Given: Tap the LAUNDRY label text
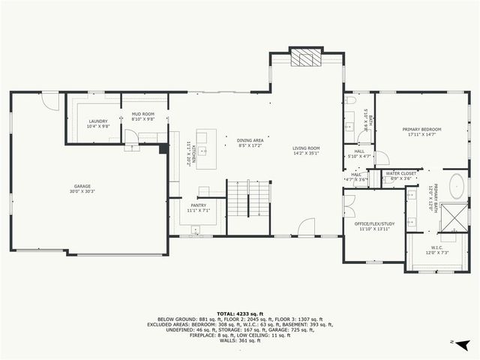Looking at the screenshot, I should (98, 121).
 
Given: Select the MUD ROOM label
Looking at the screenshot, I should (142, 114).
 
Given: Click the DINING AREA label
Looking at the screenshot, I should (250, 140).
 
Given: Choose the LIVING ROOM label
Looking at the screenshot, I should (306, 148).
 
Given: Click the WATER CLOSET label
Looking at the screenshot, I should (401, 173).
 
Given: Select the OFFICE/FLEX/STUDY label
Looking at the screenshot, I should (374, 223).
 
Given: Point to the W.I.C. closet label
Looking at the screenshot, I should (436, 247).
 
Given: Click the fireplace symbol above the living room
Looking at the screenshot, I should (304, 58).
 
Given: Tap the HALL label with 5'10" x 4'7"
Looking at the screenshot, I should (360, 154).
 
